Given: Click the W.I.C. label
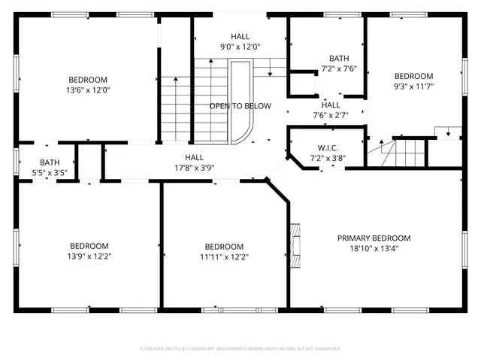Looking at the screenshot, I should tap(328, 148).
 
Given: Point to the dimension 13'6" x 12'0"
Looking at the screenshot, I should tap(88, 90).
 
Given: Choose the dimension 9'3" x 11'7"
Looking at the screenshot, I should tap(413, 86).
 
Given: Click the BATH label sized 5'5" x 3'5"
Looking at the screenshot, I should tap(50, 162).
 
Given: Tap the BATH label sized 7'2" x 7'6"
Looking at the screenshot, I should tap(339, 59).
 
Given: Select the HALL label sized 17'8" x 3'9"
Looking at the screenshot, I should tap(195, 157).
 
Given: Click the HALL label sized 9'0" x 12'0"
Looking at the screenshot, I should tap(240, 36).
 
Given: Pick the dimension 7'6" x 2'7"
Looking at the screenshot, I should tap(331, 115).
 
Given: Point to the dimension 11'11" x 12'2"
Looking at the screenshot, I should tap(224, 257).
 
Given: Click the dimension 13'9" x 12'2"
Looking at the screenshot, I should tap(89, 256).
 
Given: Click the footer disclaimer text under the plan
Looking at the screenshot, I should tap(240, 349).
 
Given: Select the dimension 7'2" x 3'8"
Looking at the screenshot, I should tap(328, 159).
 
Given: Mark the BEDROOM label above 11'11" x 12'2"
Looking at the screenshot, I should tap(224, 247).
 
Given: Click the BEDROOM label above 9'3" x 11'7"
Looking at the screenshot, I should tap(413, 76).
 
